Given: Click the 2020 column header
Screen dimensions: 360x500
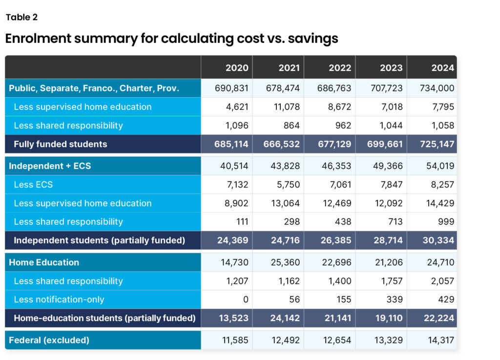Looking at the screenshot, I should [237, 68].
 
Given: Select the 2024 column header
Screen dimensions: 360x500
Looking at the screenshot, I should [442, 68].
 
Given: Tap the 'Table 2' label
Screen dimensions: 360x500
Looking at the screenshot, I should [21, 18].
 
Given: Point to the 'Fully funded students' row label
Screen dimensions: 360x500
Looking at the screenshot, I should [61, 144].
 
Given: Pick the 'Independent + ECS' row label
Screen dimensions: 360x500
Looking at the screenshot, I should [50, 166].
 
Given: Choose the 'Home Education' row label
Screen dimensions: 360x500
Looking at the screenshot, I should [44, 262].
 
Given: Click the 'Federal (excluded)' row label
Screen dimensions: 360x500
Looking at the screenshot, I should [49, 340].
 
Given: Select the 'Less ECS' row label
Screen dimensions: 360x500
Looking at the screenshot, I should [33, 185].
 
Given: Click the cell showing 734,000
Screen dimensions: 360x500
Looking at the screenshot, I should [437, 88].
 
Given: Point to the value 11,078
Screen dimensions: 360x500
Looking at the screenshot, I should [283, 107].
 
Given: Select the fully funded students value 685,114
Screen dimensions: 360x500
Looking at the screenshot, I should [231, 144].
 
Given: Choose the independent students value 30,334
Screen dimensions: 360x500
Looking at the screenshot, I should [437, 240].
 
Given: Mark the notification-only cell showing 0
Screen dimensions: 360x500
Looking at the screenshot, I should [246, 299].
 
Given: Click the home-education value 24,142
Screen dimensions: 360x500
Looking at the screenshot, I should [283, 318].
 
